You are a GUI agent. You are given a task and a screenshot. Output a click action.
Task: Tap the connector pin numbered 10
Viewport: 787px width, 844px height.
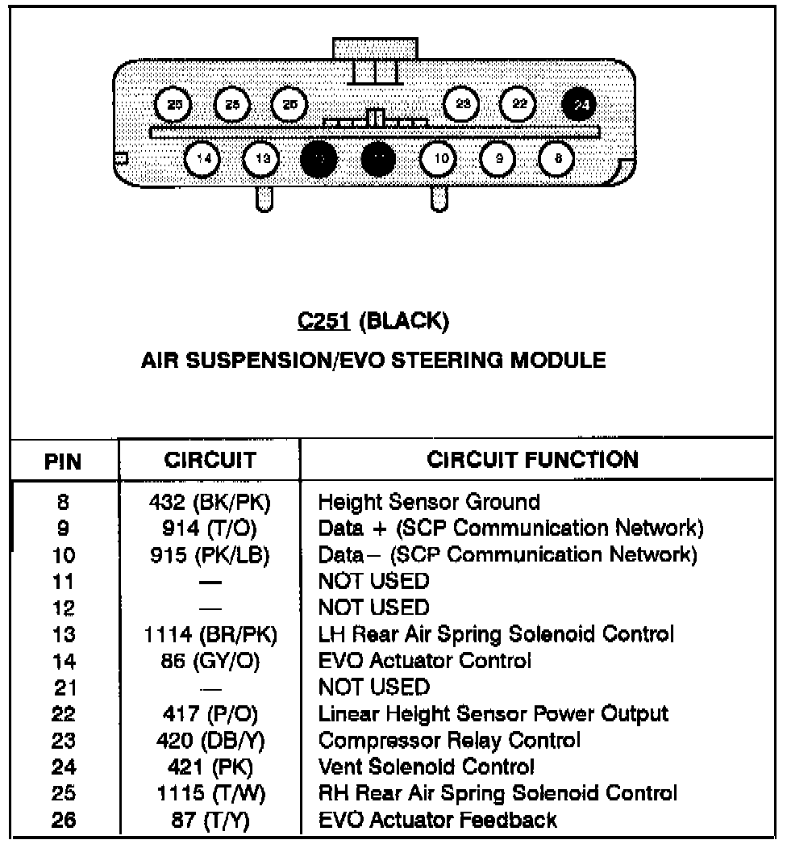tap(440, 159)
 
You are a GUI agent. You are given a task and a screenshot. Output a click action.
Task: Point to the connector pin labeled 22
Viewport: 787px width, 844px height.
tap(519, 105)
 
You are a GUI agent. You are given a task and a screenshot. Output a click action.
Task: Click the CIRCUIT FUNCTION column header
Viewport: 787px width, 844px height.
tap(533, 460)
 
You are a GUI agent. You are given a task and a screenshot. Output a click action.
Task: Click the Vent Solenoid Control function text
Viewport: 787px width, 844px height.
tap(427, 767)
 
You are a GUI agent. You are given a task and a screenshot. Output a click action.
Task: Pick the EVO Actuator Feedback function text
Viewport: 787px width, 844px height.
tap(438, 820)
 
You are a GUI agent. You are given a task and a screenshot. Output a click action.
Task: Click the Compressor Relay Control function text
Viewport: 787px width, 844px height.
tap(449, 740)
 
